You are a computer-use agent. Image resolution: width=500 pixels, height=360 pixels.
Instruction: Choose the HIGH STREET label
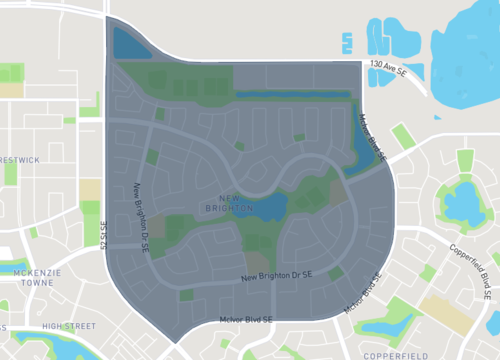pos(69,326)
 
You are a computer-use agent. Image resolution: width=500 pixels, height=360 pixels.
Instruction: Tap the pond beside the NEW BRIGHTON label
pos(270,208)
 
